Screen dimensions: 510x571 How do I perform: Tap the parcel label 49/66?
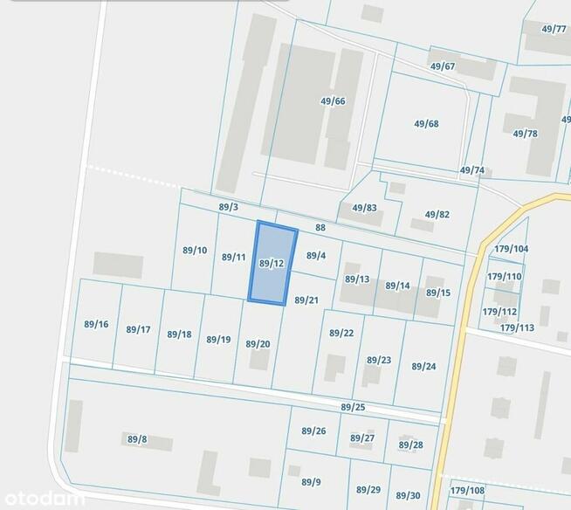coord(333,101)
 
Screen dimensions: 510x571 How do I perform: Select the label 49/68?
coord(426,124)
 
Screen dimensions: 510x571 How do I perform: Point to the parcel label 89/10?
coord(195,251)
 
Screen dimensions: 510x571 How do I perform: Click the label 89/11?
coord(233,258)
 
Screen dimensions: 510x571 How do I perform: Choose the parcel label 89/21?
coord(306,300)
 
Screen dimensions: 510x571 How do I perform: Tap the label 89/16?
coord(96,325)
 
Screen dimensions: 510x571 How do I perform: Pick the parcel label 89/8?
coord(137,439)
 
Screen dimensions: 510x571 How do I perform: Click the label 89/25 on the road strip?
coord(353,408)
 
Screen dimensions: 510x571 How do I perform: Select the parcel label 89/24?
coord(423,367)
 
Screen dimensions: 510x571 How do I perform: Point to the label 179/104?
coord(511,249)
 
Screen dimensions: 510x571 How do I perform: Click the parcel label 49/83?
coord(364,208)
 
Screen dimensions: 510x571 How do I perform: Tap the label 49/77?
coord(554,29)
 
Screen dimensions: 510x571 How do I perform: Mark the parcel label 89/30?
coord(408,495)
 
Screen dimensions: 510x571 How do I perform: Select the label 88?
coord(320,228)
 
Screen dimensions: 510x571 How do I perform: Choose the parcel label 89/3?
coord(229,207)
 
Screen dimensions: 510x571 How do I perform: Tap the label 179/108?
coord(467,491)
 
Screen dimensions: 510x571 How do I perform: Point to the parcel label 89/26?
coord(313,431)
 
